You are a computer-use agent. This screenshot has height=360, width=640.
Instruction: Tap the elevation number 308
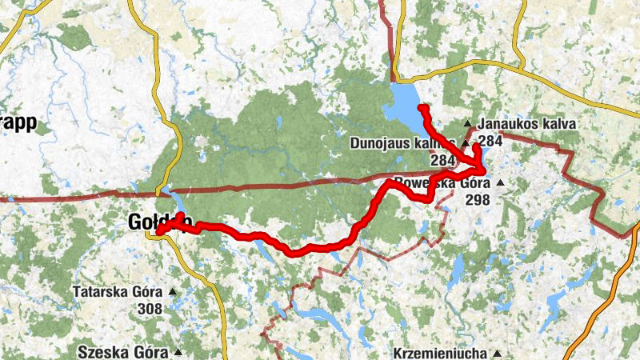pyautogui.click(x=150, y=309)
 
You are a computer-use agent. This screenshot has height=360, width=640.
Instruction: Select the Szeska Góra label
pyautogui.click(x=123, y=352)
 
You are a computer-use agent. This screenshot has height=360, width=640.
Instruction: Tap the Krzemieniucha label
pyautogui.click(x=439, y=353)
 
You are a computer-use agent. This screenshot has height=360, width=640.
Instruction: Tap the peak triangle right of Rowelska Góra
pyautogui.click(x=500, y=183)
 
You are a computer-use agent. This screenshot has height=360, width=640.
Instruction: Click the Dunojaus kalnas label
pyautogui.click(x=402, y=143)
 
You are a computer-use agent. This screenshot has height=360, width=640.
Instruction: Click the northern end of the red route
pyautogui.click(x=420, y=106)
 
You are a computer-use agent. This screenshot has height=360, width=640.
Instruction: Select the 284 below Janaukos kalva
pyautogui.click(x=490, y=141)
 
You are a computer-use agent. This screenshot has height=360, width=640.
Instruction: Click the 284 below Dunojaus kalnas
pyautogui.click(x=442, y=160)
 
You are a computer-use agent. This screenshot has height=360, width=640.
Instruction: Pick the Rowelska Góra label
pyautogui.click(x=437, y=182)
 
